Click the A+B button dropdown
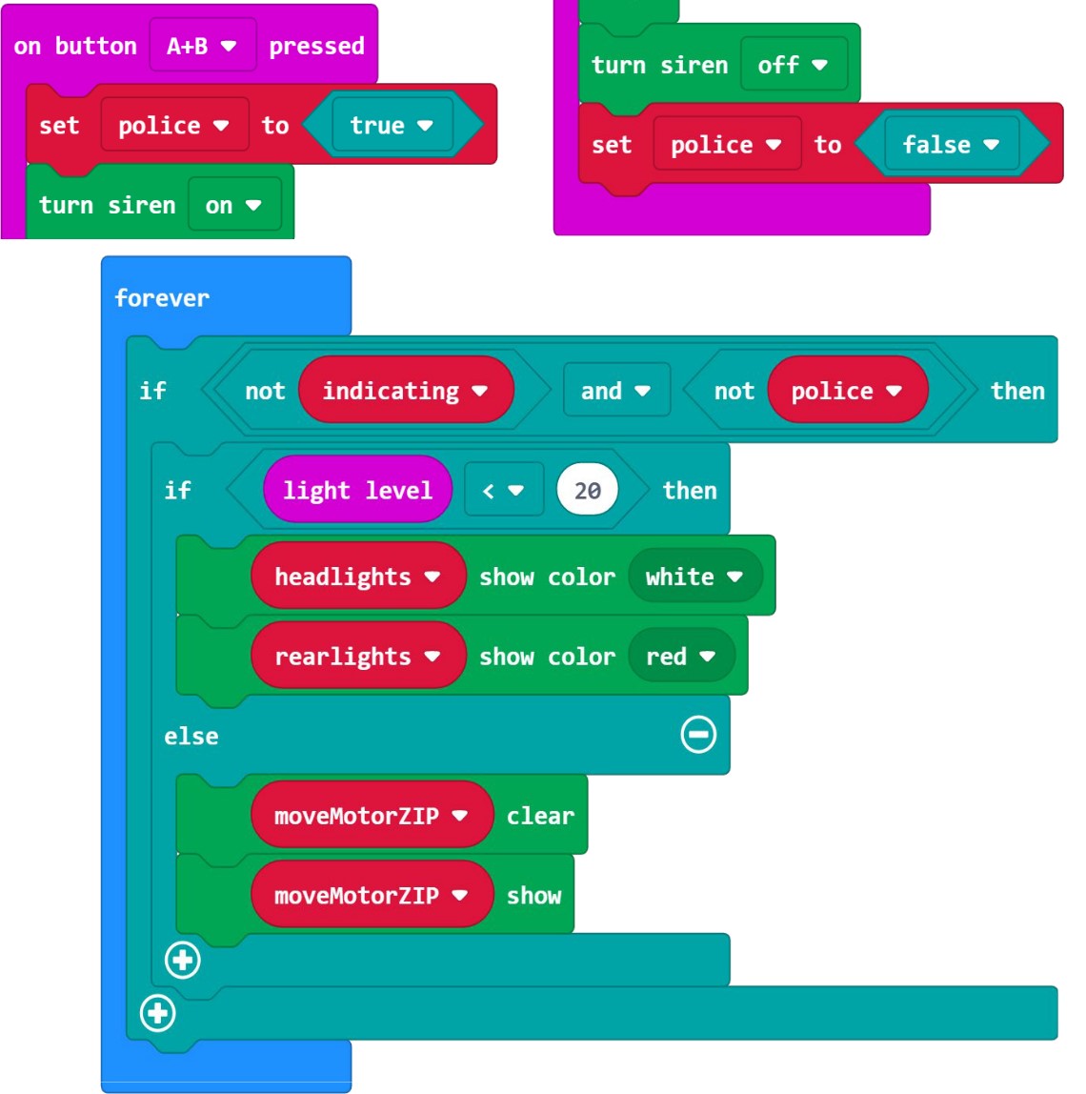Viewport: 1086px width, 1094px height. click(202, 46)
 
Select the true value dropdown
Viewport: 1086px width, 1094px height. click(391, 126)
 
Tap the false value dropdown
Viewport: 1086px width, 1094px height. click(950, 145)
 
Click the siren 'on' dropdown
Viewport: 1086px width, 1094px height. click(233, 205)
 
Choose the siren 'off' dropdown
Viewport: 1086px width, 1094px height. click(793, 65)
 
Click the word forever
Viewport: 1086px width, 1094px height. click(161, 298)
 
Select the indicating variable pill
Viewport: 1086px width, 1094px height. click(405, 391)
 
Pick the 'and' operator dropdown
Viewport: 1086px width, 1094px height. click(615, 391)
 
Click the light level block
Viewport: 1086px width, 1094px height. click(357, 490)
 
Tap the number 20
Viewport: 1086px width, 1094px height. click(587, 490)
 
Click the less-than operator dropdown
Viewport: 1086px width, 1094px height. click(503, 490)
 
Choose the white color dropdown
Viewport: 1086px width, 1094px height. click(694, 577)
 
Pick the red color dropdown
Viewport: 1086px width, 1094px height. click(680, 657)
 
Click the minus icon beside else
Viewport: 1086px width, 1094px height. click(698, 735)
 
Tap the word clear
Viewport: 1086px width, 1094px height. click(540, 816)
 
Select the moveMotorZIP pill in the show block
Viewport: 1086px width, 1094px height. click(371, 896)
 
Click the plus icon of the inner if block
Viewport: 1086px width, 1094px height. click(183, 960)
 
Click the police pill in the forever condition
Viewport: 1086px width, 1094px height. click(846, 391)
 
